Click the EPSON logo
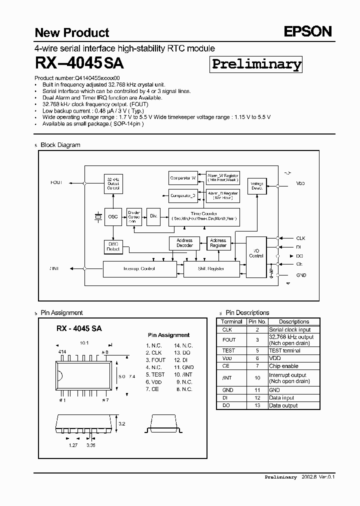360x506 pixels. point(308,32)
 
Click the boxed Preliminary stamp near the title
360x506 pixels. point(256,64)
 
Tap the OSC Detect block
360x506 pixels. point(113,246)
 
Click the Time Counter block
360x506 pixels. point(203,216)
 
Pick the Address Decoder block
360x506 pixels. point(184,243)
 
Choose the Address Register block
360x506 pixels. point(218,243)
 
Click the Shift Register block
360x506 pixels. point(211,269)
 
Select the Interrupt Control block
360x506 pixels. point(139,269)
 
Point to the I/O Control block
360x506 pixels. point(256,254)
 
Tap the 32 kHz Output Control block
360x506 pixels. point(113,184)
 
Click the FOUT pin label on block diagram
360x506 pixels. point(56,183)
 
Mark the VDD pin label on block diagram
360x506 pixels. point(300,183)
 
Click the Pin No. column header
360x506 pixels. point(257,321)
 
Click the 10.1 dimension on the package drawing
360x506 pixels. point(84,343)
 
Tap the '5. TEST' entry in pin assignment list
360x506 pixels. point(155,374)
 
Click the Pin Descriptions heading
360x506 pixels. point(247,312)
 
